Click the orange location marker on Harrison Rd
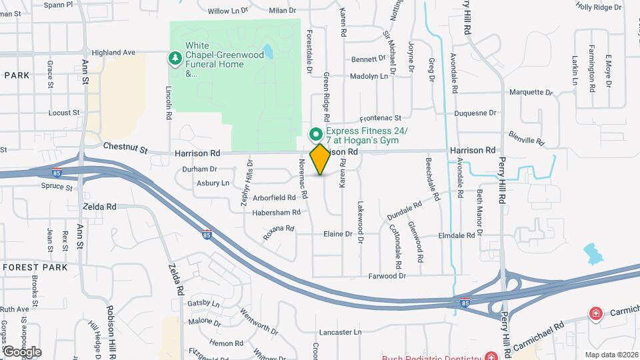point(320,159)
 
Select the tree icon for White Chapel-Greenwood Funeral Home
point(175,59)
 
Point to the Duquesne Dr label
point(475,113)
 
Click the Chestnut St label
point(125,147)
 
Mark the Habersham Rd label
point(274,213)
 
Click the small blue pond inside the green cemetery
point(267,51)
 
